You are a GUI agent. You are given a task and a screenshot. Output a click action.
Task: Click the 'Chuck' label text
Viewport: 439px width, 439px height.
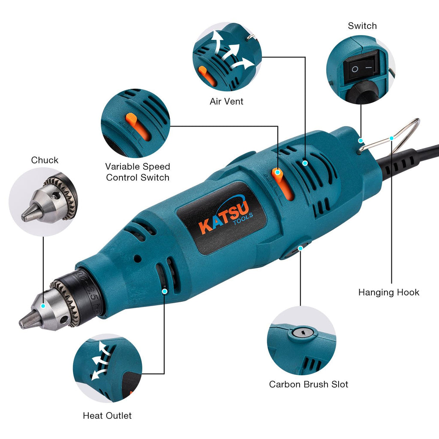click(x=45, y=160)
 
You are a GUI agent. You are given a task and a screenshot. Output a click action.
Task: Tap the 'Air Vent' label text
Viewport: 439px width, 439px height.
click(x=226, y=101)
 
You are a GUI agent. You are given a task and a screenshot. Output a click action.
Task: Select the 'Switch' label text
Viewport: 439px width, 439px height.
click(x=362, y=26)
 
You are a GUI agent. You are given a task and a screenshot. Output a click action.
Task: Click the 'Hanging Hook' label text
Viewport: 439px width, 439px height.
click(x=388, y=292)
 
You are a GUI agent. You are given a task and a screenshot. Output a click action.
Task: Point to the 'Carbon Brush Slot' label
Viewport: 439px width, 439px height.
click(x=309, y=384)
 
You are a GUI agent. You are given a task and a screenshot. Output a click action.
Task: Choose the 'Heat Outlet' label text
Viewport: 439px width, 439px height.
click(x=107, y=415)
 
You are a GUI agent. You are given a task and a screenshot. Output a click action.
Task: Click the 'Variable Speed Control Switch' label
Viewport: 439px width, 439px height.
click(x=138, y=172)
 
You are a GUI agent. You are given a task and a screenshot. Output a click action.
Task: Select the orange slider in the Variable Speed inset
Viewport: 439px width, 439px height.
click(x=137, y=126)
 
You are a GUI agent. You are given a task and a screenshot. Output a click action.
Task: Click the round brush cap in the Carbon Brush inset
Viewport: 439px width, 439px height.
click(x=302, y=333)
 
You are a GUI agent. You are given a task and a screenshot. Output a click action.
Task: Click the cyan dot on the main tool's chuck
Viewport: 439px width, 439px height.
click(x=43, y=306)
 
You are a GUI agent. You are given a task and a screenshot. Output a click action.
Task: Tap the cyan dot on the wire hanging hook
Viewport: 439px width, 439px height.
click(x=391, y=138)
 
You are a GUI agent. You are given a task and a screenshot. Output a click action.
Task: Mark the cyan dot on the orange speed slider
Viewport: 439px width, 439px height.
click(x=277, y=172)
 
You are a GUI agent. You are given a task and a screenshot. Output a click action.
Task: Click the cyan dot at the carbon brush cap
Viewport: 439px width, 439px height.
click(x=301, y=248)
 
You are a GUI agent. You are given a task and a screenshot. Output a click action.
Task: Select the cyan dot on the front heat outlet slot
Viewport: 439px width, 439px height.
click(x=165, y=291)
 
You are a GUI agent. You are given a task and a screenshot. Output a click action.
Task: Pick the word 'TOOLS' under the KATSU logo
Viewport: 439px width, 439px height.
click(x=243, y=218)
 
